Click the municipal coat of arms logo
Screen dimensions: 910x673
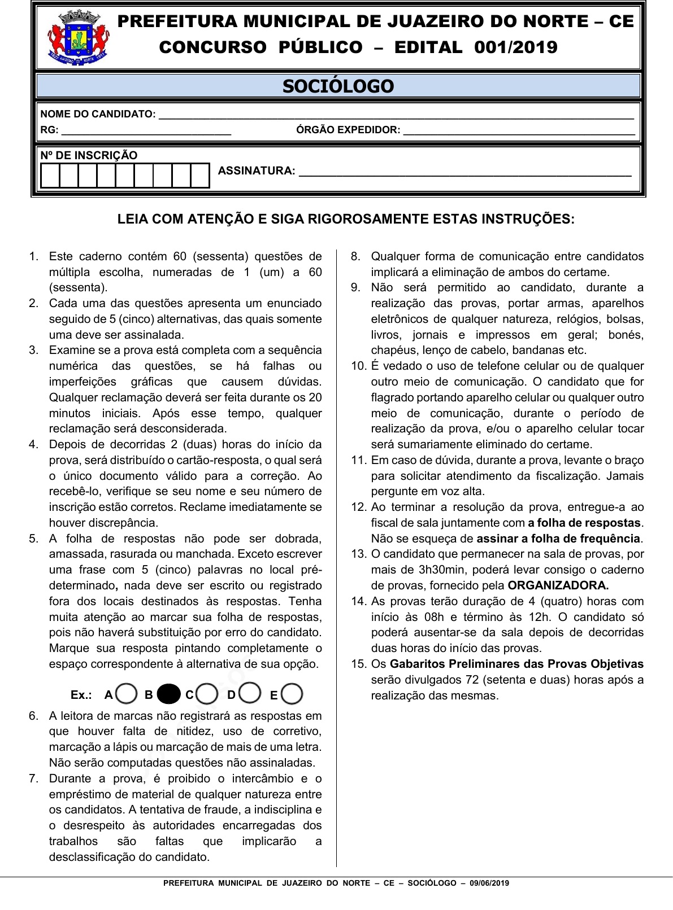78,38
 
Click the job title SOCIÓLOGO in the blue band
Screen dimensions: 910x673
338,86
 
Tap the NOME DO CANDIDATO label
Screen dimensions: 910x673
98,114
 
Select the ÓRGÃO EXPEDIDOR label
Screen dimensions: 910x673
348,130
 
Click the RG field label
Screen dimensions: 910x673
49,130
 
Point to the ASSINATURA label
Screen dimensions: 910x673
257,170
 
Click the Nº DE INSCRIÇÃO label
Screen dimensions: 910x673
89,155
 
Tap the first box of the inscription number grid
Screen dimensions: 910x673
50,176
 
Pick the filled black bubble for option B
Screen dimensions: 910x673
168,694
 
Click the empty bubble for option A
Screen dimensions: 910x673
127,694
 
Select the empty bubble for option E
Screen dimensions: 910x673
292,694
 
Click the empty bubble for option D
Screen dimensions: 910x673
250,693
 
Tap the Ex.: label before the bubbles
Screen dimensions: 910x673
81,695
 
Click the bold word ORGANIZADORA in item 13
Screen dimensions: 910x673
558,585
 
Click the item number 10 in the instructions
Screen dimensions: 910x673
359,366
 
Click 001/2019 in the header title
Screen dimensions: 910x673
515,47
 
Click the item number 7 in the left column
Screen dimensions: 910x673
33,778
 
